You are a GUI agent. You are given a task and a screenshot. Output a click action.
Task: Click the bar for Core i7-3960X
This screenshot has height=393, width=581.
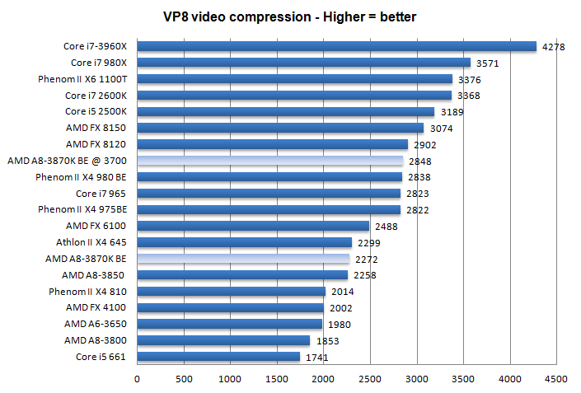click(336, 47)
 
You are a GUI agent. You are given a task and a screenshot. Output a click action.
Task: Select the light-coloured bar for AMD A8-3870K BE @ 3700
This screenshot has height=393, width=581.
click(269, 161)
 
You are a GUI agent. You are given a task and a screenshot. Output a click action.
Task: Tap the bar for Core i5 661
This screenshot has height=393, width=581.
click(218, 356)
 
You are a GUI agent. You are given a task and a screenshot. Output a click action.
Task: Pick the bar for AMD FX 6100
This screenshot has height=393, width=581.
click(253, 226)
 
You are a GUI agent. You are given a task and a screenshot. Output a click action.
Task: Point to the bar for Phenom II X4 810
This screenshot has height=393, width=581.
click(231, 291)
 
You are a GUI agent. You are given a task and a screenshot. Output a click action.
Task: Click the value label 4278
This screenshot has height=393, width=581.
click(552, 47)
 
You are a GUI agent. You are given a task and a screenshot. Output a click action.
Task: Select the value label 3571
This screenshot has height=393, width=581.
click(486, 63)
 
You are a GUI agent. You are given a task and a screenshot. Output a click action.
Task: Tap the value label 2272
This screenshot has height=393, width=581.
click(366, 259)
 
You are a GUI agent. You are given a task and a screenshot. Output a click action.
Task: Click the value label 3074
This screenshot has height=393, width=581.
click(441, 129)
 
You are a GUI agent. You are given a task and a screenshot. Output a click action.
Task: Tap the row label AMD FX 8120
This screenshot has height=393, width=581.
click(100, 144)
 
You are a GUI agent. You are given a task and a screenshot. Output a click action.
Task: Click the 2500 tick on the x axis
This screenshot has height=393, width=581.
click(370, 378)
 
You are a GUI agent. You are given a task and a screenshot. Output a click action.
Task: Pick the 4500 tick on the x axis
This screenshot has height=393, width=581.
click(556, 378)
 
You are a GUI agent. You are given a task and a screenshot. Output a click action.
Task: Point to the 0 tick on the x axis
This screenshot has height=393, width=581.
click(137, 378)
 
